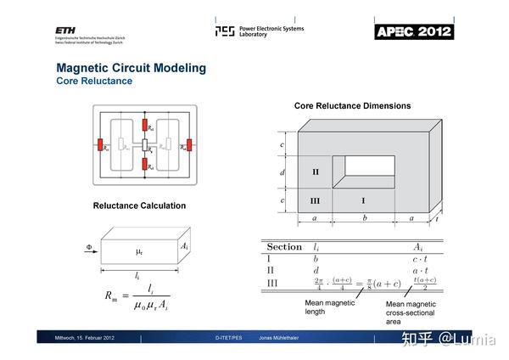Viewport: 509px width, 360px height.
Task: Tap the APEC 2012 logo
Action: point(413,31)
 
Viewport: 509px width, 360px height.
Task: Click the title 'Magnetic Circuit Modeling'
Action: point(131,67)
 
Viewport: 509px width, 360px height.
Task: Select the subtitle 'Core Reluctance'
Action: point(94,82)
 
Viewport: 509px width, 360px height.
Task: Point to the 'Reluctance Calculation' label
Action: point(139,205)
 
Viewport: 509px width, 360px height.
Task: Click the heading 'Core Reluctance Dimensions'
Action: point(352,106)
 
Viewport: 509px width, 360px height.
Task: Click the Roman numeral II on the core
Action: point(315,172)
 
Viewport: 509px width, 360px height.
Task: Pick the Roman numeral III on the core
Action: point(315,200)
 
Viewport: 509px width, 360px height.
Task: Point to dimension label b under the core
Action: point(363,219)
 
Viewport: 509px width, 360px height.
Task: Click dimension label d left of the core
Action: point(282,172)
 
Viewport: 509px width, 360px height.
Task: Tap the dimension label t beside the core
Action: point(437,218)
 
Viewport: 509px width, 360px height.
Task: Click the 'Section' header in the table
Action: point(284,246)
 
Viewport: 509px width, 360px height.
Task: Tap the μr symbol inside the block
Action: point(140,253)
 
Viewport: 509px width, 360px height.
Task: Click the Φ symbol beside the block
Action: point(88,248)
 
